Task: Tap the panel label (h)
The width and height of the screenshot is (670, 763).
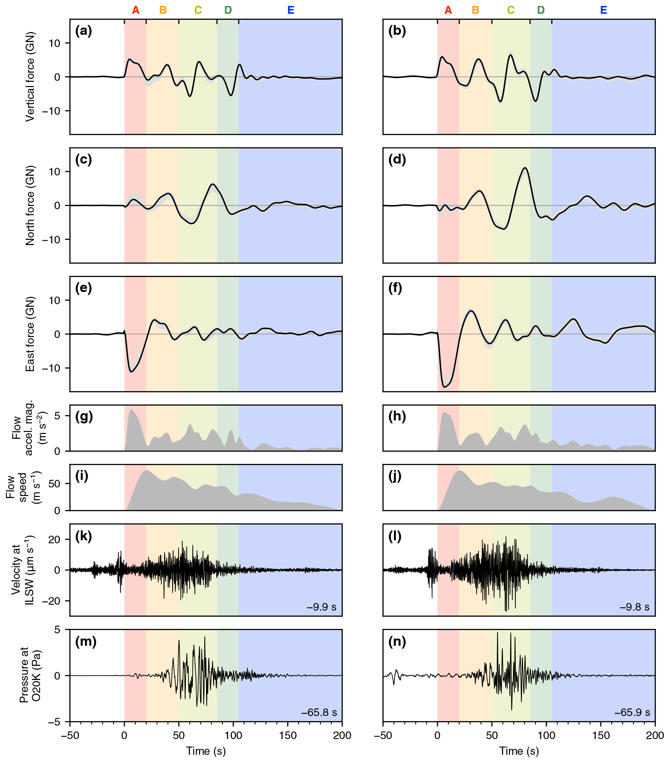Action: pyautogui.click(x=397, y=416)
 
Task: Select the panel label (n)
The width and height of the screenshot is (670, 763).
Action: pyautogui.click(x=397, y=641)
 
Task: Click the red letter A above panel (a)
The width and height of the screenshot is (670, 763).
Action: pyautogui.click(x=136, y=11)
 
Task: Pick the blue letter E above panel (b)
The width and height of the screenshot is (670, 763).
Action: pyautogui.click(x=604, y=11)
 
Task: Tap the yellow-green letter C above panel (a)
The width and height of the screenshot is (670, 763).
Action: pyautogui.click(x=198, y=11)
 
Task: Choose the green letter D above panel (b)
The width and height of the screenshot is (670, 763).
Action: pyautogui.click(x=541, y=11)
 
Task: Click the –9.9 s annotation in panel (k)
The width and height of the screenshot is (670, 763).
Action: pyautogui.click(x=322, y=607)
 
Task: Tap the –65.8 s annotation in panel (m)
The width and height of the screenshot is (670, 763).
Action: pyautogui.click(x=319, y=712)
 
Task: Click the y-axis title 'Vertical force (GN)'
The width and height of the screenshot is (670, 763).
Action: pyautogui.click(x=30, y=77)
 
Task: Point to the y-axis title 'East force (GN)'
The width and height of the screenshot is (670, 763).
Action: pyautogui.click(x=30, y=334)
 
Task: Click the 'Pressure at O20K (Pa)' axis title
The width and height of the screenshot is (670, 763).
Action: pyautogui.click(x=30, y=675)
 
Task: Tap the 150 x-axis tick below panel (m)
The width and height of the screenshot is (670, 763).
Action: pyautogui.click(x=288, y=735)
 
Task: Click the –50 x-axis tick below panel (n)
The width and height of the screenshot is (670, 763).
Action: pyautogui.click(x=383, y=735)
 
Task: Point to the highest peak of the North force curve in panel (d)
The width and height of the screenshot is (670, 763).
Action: pyautogui.click(x=525, y=168)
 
